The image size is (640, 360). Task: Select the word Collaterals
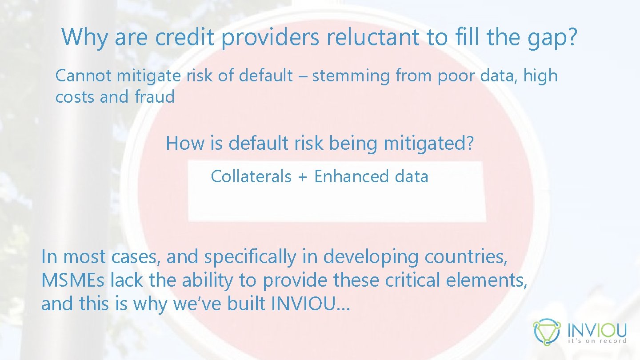pos(251,176)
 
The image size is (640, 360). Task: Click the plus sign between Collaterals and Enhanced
pos(303,177)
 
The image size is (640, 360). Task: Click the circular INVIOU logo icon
pos(547,332)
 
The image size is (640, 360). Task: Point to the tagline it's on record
pos(597,341)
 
